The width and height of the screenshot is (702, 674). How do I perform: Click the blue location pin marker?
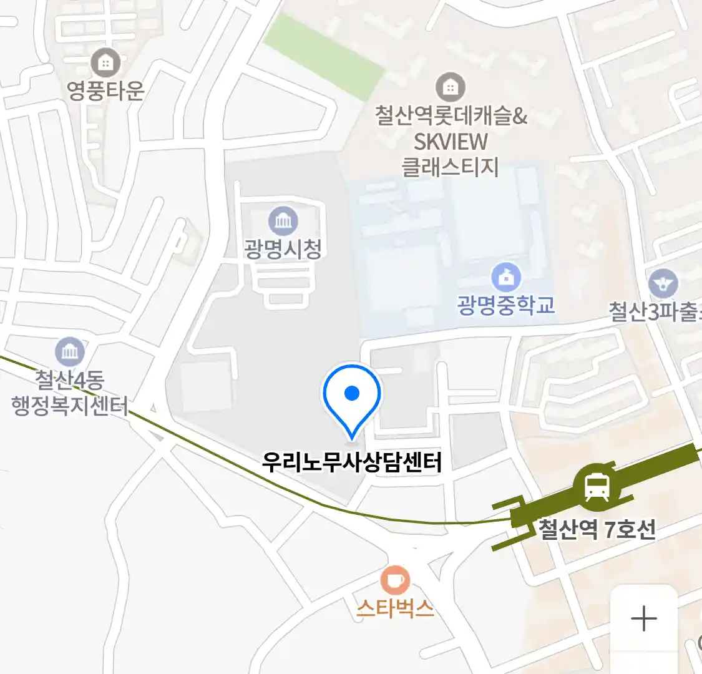click(x=352, y=397)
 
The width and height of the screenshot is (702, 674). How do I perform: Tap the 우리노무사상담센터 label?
click(x=352, y=462)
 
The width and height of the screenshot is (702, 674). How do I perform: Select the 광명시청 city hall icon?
click(x=283, y=221)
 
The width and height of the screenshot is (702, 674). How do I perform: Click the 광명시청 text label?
click(x=283, y=249)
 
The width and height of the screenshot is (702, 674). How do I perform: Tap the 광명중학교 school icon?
click(x=506, y=276)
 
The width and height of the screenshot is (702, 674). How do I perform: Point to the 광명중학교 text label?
click(x=506, y=305)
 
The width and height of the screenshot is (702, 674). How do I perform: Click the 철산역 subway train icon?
click(x=597, y=486)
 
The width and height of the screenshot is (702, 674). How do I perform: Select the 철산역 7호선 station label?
click(x=597, y=529)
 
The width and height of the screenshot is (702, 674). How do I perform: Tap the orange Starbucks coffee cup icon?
click(x=395, y=580)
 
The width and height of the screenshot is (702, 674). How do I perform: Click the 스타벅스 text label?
click(x=395, y=607)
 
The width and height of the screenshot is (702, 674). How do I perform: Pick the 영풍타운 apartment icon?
click(x=105, y=62)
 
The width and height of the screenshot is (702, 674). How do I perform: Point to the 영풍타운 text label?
click(x=105, y=90)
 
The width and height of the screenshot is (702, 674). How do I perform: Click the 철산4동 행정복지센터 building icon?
click(x=70, y=352)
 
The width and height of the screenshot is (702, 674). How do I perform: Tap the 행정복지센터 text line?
click(x=70, y=406)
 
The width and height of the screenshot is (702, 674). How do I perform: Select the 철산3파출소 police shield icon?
click(x=663, y=283)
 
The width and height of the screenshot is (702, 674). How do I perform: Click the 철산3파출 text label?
click(x=654, y=311)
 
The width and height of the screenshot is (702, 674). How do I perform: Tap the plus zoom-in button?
click(x=644, y=619)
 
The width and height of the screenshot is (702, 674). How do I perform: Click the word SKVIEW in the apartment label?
click(x=451, y=142)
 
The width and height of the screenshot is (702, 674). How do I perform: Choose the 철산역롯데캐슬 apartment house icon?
click(x=450, y=87)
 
